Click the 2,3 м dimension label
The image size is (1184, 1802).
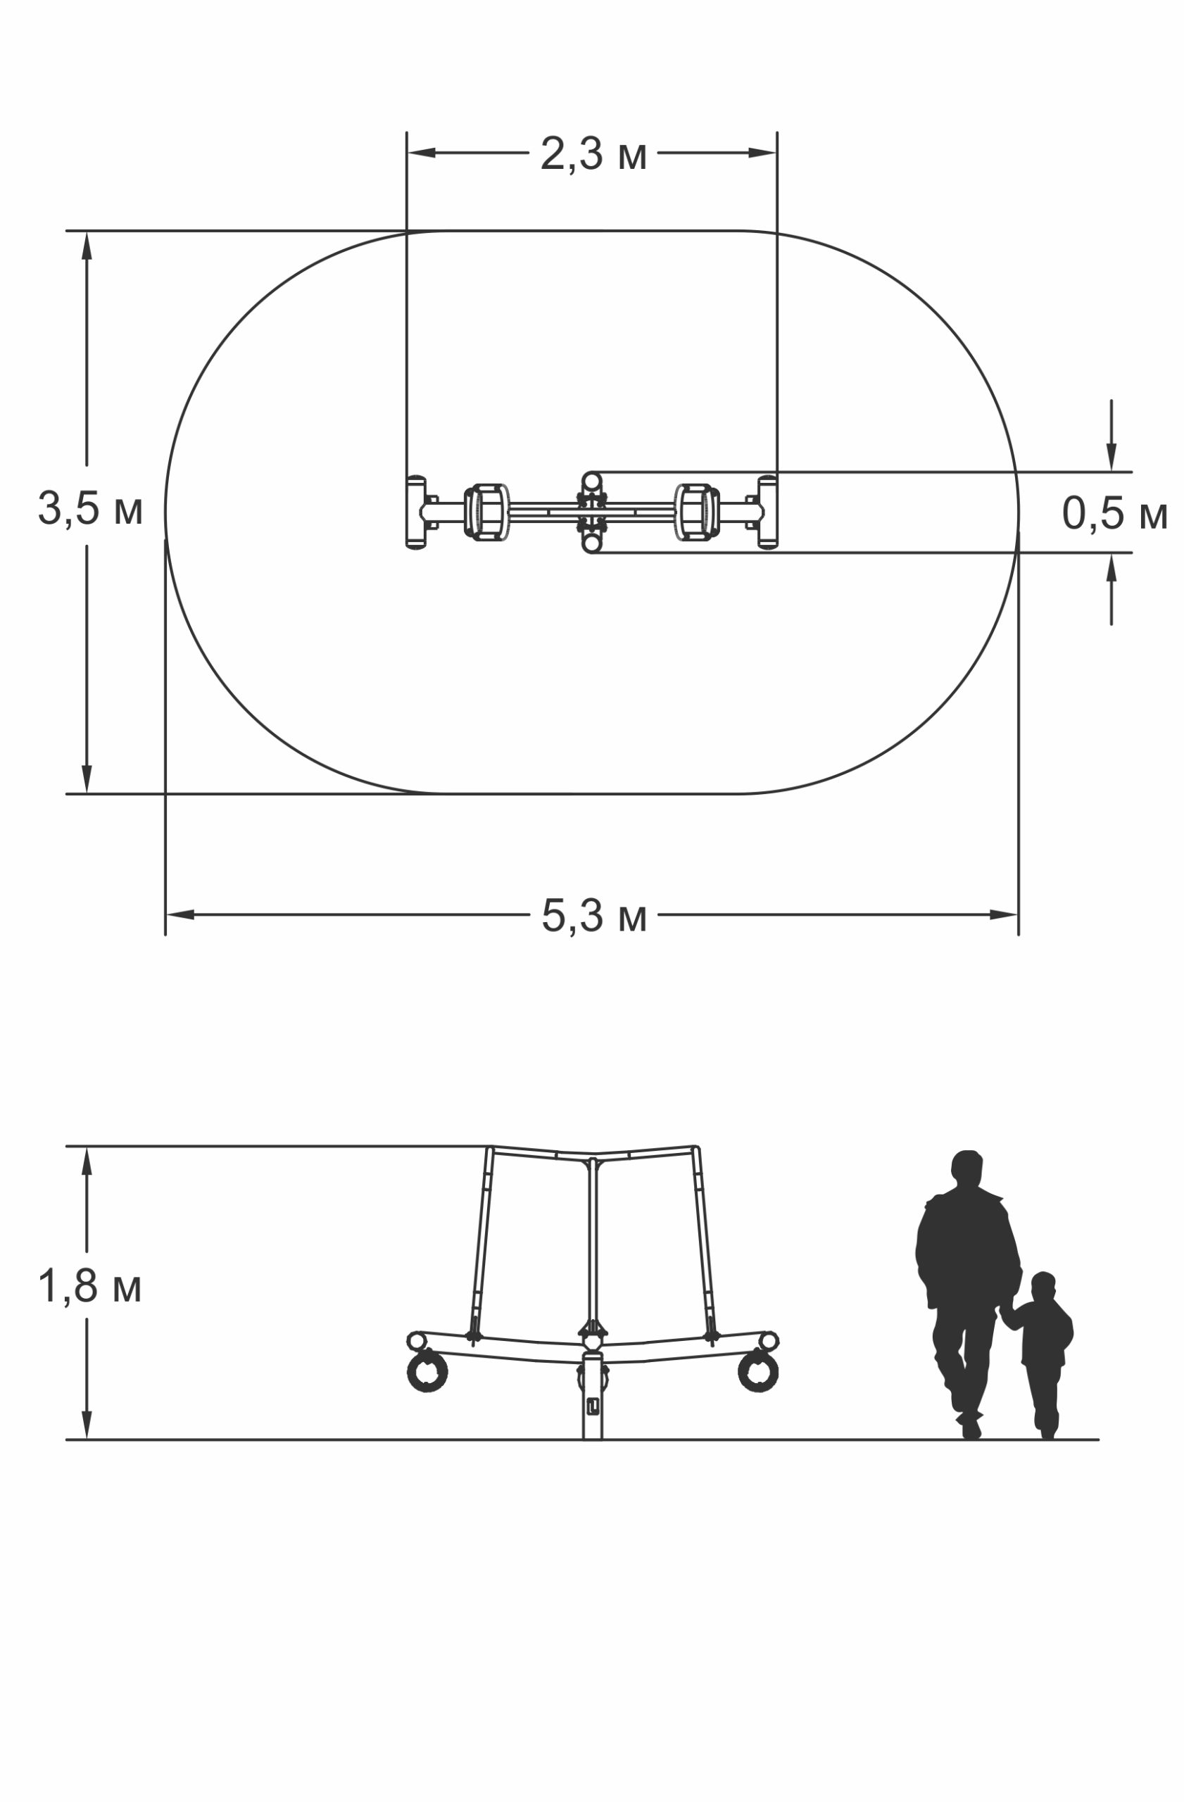(593, 154)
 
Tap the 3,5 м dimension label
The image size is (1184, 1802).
(90, 508)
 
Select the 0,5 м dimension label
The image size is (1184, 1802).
(1114, 513)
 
